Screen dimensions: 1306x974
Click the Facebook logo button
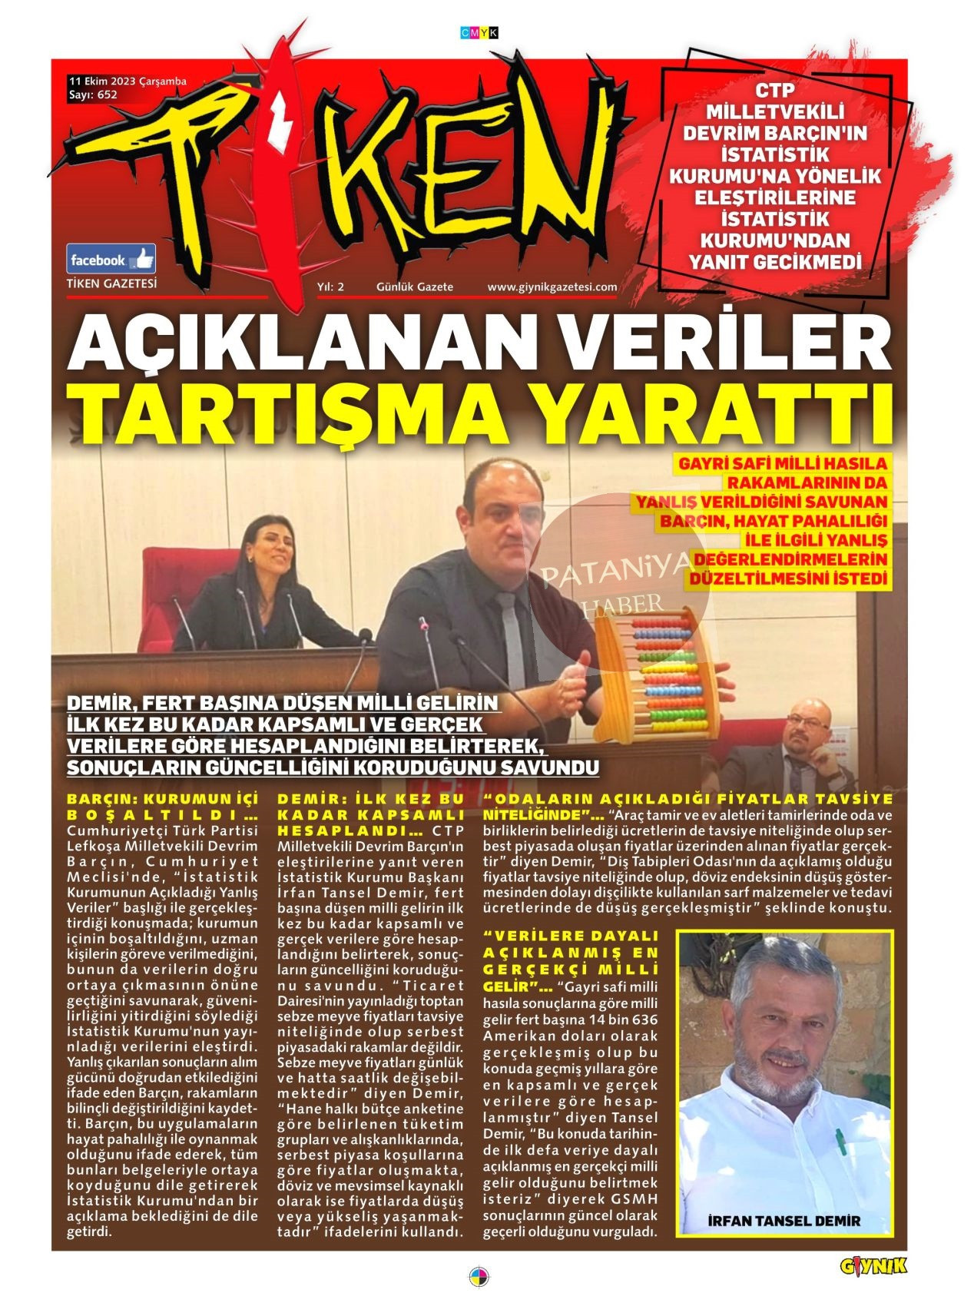111,259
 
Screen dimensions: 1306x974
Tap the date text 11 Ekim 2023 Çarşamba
128,81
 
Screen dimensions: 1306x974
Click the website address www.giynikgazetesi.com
552,287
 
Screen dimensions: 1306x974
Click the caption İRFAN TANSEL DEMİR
784,1221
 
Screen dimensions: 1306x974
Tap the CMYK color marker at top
479,33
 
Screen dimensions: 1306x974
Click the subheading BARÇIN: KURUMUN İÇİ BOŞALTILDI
162,807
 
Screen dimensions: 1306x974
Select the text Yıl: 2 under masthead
330,287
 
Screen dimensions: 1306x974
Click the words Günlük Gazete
414,287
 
